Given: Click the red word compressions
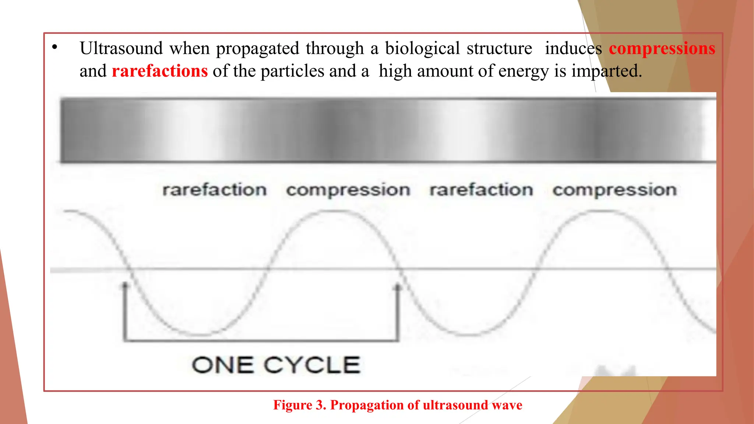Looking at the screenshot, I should coord(662,49).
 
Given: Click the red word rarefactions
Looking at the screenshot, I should coord(160,71).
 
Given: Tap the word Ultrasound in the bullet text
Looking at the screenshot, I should coord(121,48).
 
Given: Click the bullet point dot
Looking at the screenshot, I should coord(55,47).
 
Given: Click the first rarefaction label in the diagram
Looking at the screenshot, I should coord(215,190).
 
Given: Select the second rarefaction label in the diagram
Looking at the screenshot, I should coord(481,190).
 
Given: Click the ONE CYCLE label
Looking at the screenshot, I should coord(276,365).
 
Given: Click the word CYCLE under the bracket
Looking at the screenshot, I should coord(312,365).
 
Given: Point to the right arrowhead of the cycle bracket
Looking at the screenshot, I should coord(398,286).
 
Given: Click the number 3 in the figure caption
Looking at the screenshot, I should coord(319,405).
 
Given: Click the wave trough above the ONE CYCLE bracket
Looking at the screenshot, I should coord(201,335).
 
